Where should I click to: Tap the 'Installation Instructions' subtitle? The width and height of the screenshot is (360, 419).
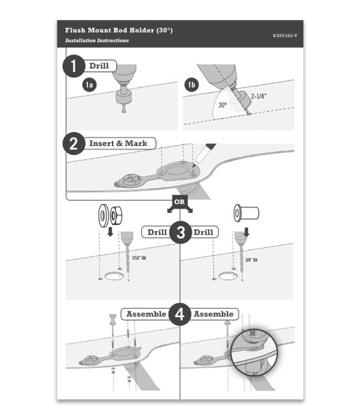96,41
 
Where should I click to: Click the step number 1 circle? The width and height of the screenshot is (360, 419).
73,66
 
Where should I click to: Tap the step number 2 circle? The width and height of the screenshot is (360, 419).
73,144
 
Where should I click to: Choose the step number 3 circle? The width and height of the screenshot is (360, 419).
180,233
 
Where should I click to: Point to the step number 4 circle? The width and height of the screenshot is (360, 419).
180,315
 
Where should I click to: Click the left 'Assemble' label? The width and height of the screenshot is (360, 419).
146,314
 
